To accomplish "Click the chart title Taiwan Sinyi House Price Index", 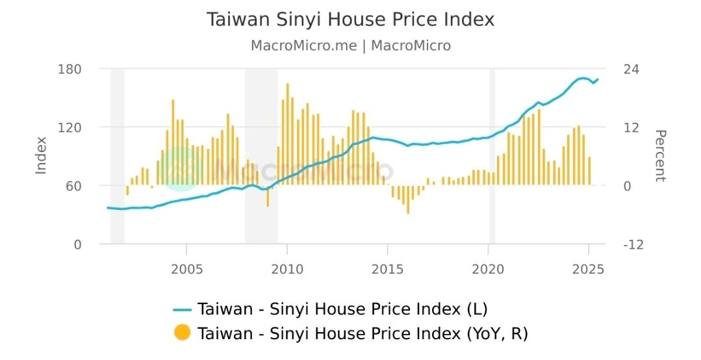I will tap(350, 19).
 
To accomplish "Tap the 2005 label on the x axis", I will tap(186, 269).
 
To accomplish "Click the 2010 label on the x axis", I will tap(287, 269).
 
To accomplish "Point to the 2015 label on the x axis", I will tap(388, 269).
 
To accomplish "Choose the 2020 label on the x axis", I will tap(488, 269).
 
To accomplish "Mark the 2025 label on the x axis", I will tap(589, 269).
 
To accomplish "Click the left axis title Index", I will tap(42, 155).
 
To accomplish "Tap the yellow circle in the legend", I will tap(183, 333).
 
